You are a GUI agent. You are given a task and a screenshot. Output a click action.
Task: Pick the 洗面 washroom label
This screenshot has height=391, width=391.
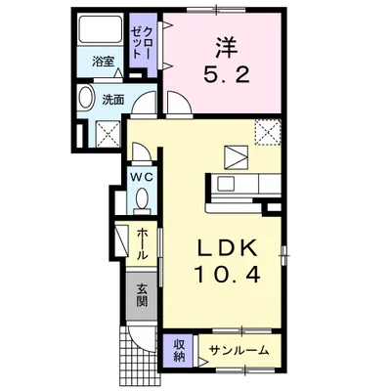[112, 100]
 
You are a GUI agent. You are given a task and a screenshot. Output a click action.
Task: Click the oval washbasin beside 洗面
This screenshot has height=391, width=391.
[84, 99]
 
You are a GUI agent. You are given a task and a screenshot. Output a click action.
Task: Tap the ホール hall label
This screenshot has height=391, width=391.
[143, 241]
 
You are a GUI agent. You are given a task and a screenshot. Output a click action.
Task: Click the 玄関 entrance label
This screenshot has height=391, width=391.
[142, 294]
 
